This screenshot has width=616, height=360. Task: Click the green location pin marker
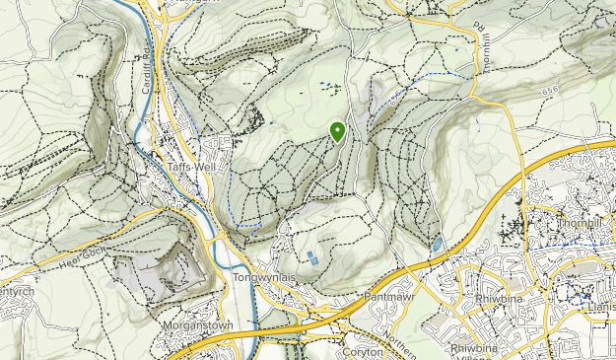pyautogui.click(x=338, y=130)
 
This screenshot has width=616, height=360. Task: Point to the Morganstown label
pyautogui.click(x=192, y=324)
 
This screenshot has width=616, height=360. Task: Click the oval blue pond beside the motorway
pyautogui.click(x=436, y=243)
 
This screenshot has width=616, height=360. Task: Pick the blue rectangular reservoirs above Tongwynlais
pyautogui.click(x=312, y=259)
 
